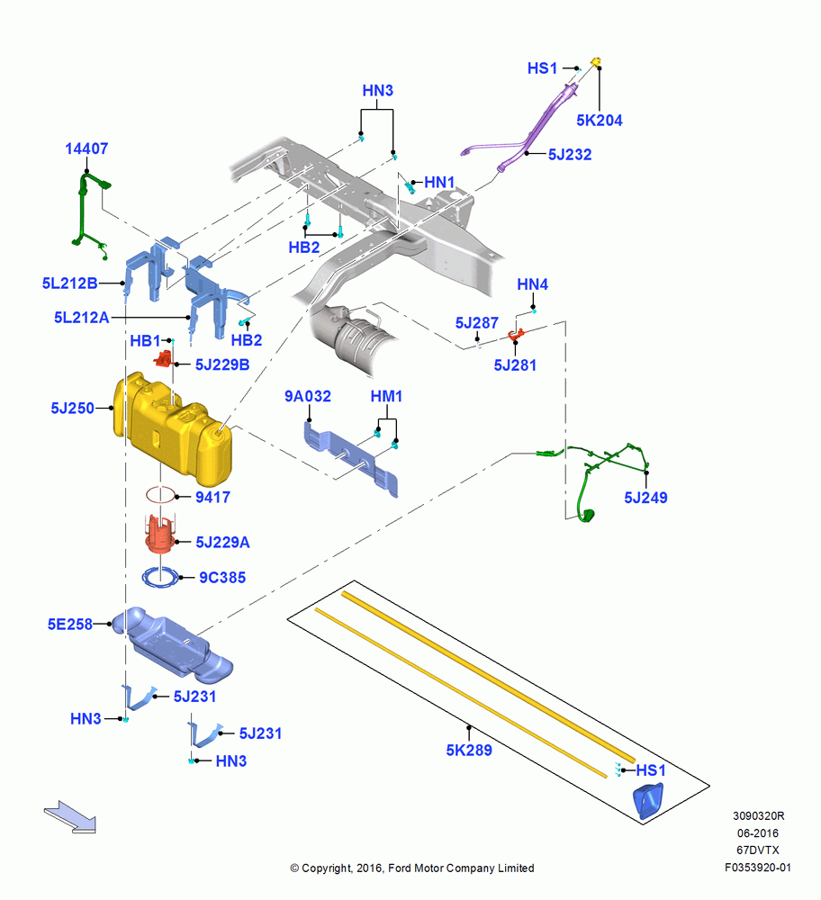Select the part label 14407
86,148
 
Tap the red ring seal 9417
160,494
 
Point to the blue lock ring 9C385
161,577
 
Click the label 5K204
599,121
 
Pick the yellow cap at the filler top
595,61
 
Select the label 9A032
308,397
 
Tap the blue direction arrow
70,817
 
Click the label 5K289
469,751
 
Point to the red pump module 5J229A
160,534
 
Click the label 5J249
645,498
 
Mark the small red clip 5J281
516,334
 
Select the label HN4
532,284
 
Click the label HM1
386,397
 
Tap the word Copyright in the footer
326,868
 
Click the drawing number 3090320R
758,816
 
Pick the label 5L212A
82,318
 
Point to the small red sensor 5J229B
164,359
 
